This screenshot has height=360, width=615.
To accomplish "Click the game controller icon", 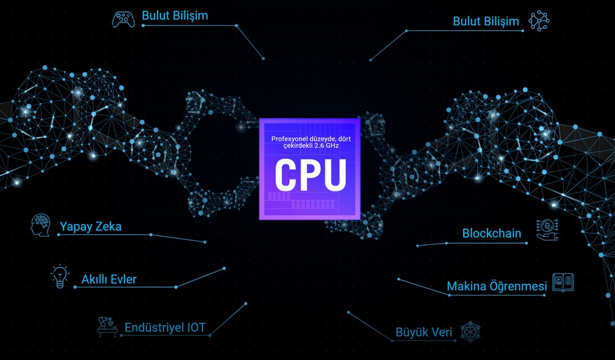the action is pyautogui.click(x=123, y=19).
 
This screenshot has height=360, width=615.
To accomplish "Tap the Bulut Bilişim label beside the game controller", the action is pyautogui.click(x=175, y=16).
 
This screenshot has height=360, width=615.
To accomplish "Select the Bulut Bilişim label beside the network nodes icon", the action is pyautogui.click(x=486, y=21).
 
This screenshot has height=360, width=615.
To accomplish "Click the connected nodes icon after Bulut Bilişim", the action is pyautogui.click(x=539, y=21).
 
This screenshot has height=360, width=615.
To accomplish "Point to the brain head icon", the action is pyautogui.click(x=41, y=225).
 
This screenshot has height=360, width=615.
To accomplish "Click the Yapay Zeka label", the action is pyautogui.click(x=90, y=226).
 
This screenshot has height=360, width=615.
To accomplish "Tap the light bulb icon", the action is pyautogui.click(x=60, y=276).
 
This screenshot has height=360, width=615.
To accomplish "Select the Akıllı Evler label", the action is pyautogui.click(x=109, y=279).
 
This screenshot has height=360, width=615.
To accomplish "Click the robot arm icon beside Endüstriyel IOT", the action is pyautogui.click(x=108, y=327).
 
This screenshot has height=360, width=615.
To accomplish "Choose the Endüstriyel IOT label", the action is pyautogui.click(x=165, y=327).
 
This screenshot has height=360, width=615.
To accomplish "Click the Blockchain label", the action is pyautogui.click(x=492, y=233).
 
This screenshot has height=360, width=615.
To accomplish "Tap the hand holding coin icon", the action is pyautogui.click(x=547, y=230).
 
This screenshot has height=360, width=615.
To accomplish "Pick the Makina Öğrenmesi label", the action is pyautogui.click(x=497, y=286).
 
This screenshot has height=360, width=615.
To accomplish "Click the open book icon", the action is pyautogui.click(x=563, y=282).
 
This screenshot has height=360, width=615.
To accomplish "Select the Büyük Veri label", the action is pyautogui.click(x=424, y=332).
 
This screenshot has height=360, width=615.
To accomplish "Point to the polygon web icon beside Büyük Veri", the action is pyautogui.click(x=470, y=332).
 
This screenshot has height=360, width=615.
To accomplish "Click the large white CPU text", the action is pyautogui.click(x=310, y=175).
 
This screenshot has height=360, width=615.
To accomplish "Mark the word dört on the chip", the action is pyautogui.click(x=344, y=139).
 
